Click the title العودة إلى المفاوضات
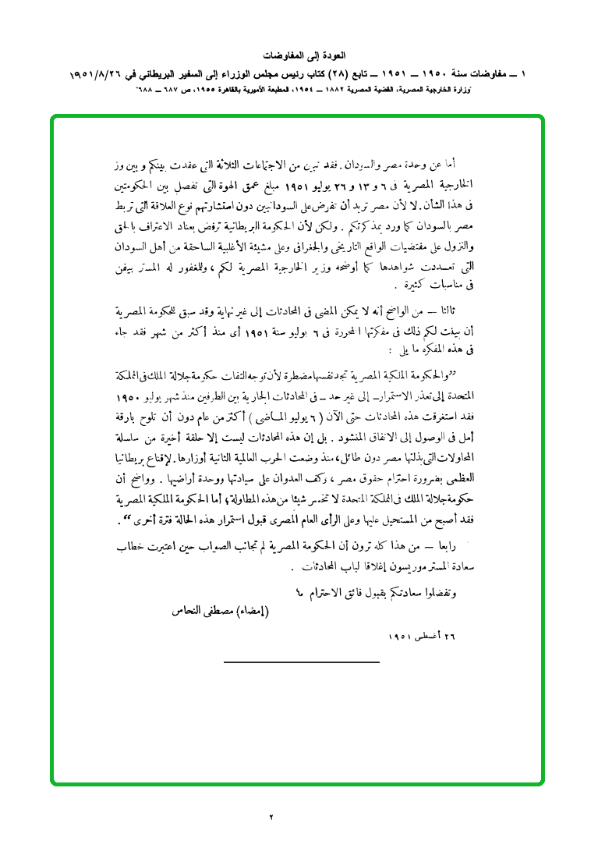295,57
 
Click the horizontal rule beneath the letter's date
301,662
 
